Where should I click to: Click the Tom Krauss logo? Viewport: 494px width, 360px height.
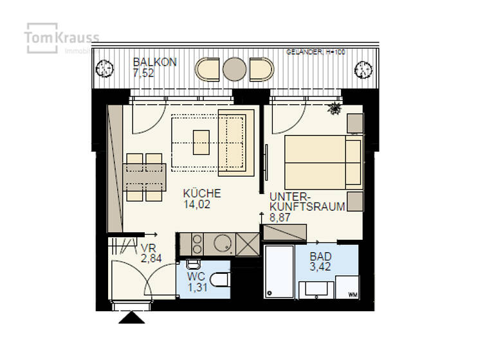tap(61, 39)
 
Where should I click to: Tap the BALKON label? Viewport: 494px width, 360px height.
tap(154, 62)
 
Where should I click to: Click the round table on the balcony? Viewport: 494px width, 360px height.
tap(235, 69)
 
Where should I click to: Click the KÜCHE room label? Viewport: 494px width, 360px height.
tap(201, 193)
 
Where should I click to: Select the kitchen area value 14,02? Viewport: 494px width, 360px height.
tap(196, 205)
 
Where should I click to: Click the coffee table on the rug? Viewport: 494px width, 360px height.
tap(201, 142)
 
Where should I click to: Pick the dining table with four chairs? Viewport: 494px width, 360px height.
tap(145, 177)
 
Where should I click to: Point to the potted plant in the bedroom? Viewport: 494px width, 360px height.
tap(334, 109)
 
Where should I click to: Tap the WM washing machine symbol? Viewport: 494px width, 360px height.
tap(352, 294)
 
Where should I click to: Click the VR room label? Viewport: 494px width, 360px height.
tap(149, 247)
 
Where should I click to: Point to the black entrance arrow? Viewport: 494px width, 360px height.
tap(131, 318)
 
